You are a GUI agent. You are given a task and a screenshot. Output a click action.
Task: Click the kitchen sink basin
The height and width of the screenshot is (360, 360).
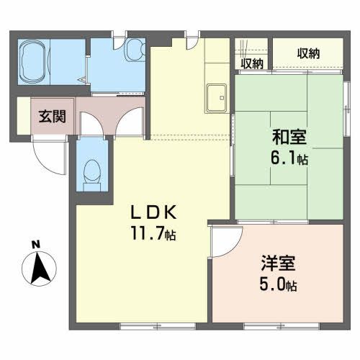coord(217,98)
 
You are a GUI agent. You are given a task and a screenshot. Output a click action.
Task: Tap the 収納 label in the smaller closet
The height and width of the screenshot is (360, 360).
coord(252,63)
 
